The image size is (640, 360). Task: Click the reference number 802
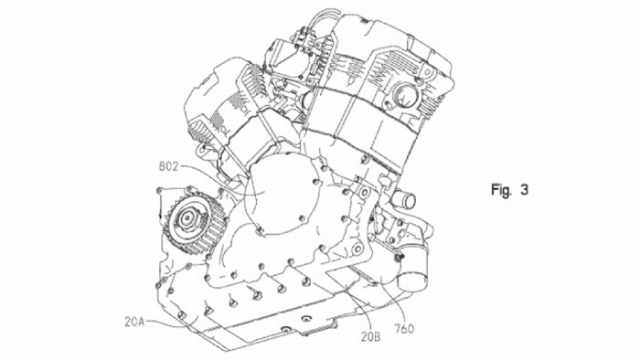click(x=167, y=166)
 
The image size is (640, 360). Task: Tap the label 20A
click(x=134, y=323)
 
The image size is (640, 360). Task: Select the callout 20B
click(x=370, y=337)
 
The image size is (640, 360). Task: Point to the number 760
click(x=404, y=328)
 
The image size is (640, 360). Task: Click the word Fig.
click(x=501, y=190)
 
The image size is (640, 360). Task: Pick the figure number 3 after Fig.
click(x=524, y=189)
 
